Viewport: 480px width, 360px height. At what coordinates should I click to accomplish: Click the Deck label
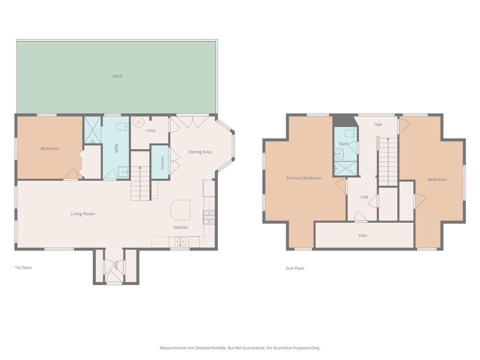coord(118,76)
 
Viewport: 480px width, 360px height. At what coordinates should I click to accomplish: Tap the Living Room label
coord(82,214)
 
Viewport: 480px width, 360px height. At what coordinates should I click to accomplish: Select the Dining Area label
coord(200,152)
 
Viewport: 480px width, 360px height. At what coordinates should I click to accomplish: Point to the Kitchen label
coord(180,227)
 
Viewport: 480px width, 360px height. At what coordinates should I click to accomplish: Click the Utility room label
coord(150,130)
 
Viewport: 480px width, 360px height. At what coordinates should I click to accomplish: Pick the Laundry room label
coord(163,163)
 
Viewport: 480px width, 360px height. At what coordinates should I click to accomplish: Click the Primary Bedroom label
coord(304,178)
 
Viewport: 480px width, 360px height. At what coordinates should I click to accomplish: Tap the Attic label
coord(363,235)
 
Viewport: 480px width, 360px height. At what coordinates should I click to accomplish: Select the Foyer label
coord(116,266)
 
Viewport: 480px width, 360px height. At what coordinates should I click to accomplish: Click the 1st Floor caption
coord(23,268)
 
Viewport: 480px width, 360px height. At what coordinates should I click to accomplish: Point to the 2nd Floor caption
coord(295,268)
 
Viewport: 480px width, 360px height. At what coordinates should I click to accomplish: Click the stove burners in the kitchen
coord(209,217)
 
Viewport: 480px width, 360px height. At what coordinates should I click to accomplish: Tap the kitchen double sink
coord(180,242)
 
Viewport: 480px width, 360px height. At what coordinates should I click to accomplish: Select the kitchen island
coord(180,210)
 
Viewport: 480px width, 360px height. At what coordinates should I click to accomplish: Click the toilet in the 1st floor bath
coord(122,126)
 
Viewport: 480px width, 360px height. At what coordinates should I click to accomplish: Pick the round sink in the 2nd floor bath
coord(339,154)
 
